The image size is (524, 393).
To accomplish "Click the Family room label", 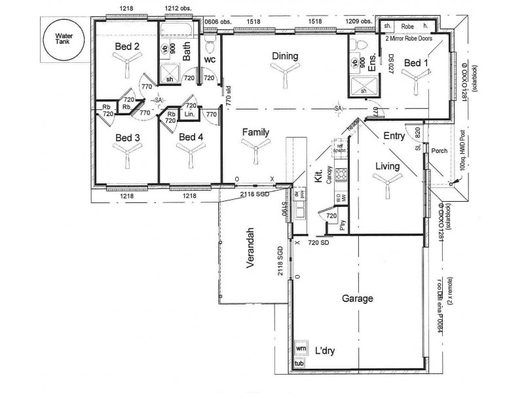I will (x=256, y=132).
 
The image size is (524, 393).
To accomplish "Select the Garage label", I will (x=358, y=299).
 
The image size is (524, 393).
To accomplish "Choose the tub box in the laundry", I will (x=300, y=363).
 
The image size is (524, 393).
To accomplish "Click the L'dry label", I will (x=324, y=351).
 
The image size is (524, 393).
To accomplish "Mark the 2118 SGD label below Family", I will (x=253, y=195).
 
